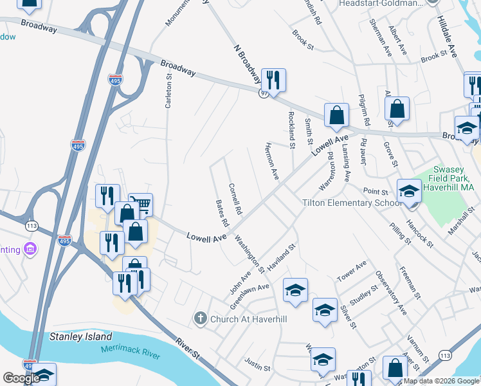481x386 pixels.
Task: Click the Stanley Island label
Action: [x=81, y=336]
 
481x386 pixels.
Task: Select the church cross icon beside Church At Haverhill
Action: [x=201, y=318]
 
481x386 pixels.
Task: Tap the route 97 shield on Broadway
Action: [x=264, y=94]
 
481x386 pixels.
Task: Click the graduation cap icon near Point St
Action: [x=408, y=190]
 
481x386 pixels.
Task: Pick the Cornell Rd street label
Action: [x=235, y=199]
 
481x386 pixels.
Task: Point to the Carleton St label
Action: [x=169, y=90]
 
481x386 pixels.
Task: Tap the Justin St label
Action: [x=257, y=367]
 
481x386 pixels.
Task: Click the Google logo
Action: [x=21, y=378]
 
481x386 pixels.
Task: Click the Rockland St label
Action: [x=291, y=130]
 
